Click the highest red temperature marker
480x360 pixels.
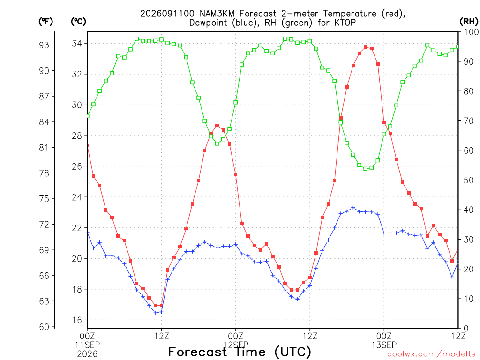(x=365, y=47)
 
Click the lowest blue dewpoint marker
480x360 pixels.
(x=155, y=313)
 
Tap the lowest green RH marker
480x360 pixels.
(x=365, y=169)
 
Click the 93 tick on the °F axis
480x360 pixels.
(x=44, y=45)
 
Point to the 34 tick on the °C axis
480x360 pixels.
(x=77, y=44)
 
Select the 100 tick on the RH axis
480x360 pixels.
(x=472, y=32)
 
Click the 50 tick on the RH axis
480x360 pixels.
(x=469, y=180)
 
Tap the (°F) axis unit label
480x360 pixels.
(x=45, y=22)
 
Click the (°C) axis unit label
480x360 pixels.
(x=78, y=22)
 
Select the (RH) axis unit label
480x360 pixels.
(x=469, y=21)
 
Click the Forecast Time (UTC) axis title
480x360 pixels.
(x=240, y=352)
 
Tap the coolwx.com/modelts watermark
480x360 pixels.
(x=433, y=354)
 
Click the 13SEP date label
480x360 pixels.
(x=384, y=345)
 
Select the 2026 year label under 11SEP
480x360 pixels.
(x=87, y=354)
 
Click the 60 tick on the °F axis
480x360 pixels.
(x=44, y=327)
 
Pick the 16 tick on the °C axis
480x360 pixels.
(x=77, y=320)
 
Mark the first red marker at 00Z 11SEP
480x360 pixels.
(x=88, y=146)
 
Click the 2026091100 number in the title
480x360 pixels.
(x=167, y=14)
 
